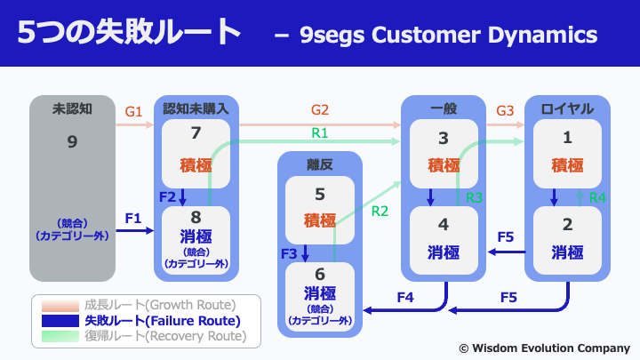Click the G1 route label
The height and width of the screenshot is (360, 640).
click(133, 111)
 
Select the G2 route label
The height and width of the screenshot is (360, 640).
click(320, 110)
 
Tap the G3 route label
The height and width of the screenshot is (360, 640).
click(505, 110)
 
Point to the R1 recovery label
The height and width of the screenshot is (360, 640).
click(320, 133)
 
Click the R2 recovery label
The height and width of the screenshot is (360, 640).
click(380, 211)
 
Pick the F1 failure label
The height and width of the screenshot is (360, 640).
click(133, 219)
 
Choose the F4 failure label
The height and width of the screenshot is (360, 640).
click(405, 297)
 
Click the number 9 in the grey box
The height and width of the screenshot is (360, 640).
click(72, 141)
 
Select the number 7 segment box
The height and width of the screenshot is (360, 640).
click(196, 154)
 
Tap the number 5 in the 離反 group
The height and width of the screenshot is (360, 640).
click(320, 195)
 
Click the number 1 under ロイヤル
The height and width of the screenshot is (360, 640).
click(567, 138)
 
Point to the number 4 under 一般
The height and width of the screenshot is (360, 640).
click(444, 225)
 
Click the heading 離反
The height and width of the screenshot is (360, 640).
click(320, 165)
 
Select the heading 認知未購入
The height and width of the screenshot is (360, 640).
click(196, 109)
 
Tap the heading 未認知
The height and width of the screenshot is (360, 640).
click(72, 109)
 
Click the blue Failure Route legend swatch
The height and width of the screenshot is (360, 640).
click(60, 321)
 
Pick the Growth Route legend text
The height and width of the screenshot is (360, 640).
click(160, 305)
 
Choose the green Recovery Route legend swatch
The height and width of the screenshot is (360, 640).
click(60, 336)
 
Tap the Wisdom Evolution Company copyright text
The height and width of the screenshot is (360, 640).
click(545, 348)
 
